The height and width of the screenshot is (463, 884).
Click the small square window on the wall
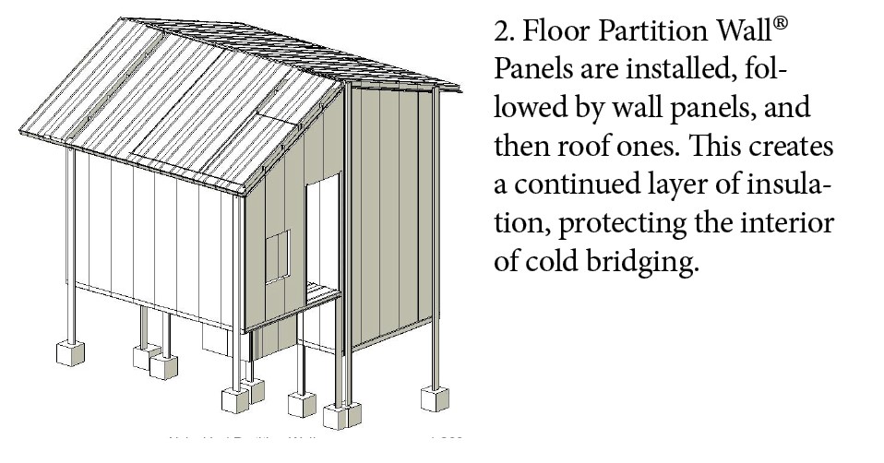[277, 256]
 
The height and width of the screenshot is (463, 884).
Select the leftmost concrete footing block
[70, 352]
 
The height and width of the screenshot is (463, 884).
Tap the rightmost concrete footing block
[434, 398]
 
